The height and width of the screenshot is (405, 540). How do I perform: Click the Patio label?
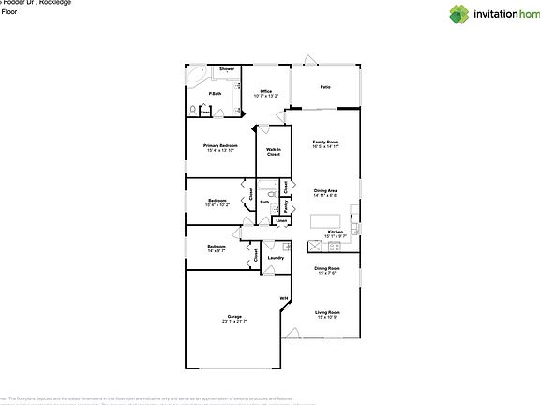click(x=325, y=87)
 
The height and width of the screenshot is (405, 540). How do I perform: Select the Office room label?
click(x=266, y=92)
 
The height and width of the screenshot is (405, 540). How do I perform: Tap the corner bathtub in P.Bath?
click(x=199, y=74)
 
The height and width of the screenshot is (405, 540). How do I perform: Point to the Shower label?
click(x=227, y=69)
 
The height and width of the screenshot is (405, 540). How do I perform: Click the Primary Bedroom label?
click(x=220, y=147)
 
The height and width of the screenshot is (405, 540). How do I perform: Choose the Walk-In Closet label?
click(x=274, y=151)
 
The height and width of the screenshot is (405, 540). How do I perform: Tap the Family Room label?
click(x=325, y=143)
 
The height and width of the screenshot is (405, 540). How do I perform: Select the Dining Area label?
click(x=325, y=192)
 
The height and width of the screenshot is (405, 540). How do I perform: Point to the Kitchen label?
click(x=336, y=232)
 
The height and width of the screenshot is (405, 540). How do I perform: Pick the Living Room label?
click(x=327, y=313)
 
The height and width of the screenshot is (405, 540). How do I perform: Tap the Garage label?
click(x=233, y=318)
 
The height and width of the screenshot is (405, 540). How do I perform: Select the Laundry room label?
click(x=276, y=257)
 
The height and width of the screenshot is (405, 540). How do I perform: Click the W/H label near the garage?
click(x=283, y=299)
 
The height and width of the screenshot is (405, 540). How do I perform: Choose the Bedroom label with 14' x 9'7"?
click(x=217, y=247)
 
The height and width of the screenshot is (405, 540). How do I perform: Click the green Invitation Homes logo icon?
click(x=458, y=13)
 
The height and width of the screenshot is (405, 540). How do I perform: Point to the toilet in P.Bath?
click(x=193, y=111)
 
